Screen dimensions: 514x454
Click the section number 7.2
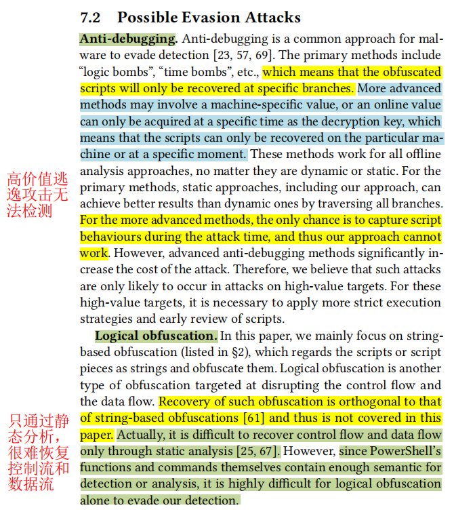(91, 18)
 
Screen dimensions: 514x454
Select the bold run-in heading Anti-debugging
(128, 39)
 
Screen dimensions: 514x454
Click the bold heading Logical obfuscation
(156, 336)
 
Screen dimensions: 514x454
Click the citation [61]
(255, 418)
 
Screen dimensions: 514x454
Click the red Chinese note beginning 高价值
(38, 195)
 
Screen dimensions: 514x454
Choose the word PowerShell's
(405, 451)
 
